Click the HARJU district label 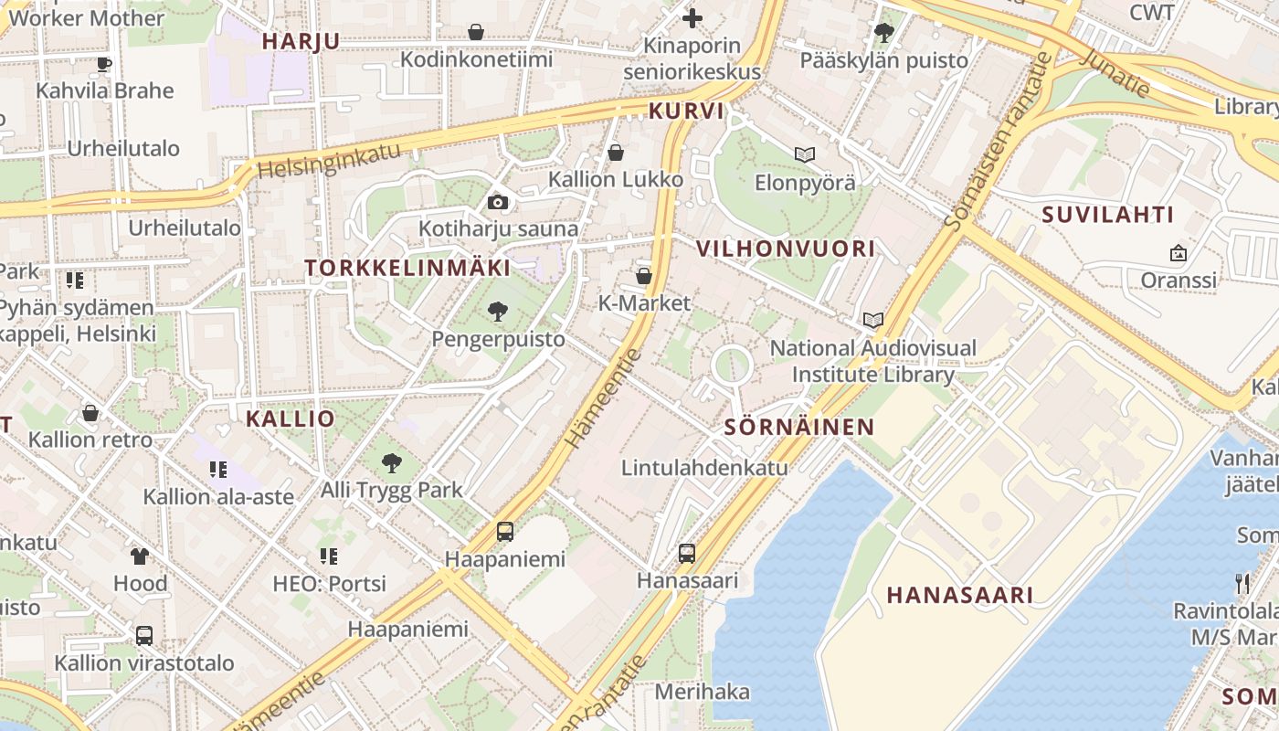click(x=301, y=41)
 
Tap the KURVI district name click(x=686, y=111)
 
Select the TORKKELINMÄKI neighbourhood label click(x=407, y=268)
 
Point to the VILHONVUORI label click(x=786, y=249)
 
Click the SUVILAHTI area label click(x=1107, y=215)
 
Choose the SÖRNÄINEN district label click(x=799, y=427)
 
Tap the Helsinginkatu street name click(x=329, y=161)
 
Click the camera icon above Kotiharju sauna click(x=498, y=202)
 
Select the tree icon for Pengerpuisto click(x=498, y=312)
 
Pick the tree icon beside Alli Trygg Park click(x=392, y=463)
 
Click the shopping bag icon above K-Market click(x=644, y=275)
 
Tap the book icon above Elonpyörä click(x=804, y=154)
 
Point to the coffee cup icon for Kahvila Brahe click(x=104, y=64)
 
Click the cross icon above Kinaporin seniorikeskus click(x=692, y=17)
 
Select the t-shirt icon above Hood click(x=140, y=556)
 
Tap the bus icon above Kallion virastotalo click(x=144, y=635)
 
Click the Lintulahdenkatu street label click(x=703, y=468)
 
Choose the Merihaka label click(x=702, y=692)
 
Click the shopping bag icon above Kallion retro click(x=90, y=413)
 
